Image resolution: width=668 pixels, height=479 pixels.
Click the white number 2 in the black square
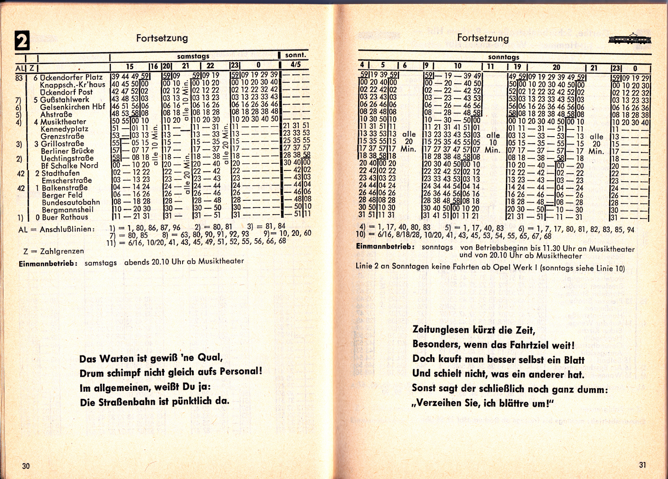[22, 41]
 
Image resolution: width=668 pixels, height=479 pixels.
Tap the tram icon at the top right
[629, 39]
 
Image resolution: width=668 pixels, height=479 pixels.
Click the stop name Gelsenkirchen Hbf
[72, 107]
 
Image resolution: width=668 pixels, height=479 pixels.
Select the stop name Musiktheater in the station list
[63, 122]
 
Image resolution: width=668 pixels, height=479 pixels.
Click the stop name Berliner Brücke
[67, 151]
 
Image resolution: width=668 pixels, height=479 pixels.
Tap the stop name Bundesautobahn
[71, 203]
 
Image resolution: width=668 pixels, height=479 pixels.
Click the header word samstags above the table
[193, 57]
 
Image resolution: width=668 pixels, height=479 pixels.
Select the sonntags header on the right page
[503, 57]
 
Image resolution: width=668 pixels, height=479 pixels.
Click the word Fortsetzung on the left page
[162, 38]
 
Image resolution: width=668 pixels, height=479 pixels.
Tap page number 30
[26, 466]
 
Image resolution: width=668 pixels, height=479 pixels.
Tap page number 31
[642, 465]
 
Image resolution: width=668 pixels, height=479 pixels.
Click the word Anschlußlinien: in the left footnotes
[67, 230]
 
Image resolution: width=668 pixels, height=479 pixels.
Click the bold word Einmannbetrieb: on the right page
[385, 247]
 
